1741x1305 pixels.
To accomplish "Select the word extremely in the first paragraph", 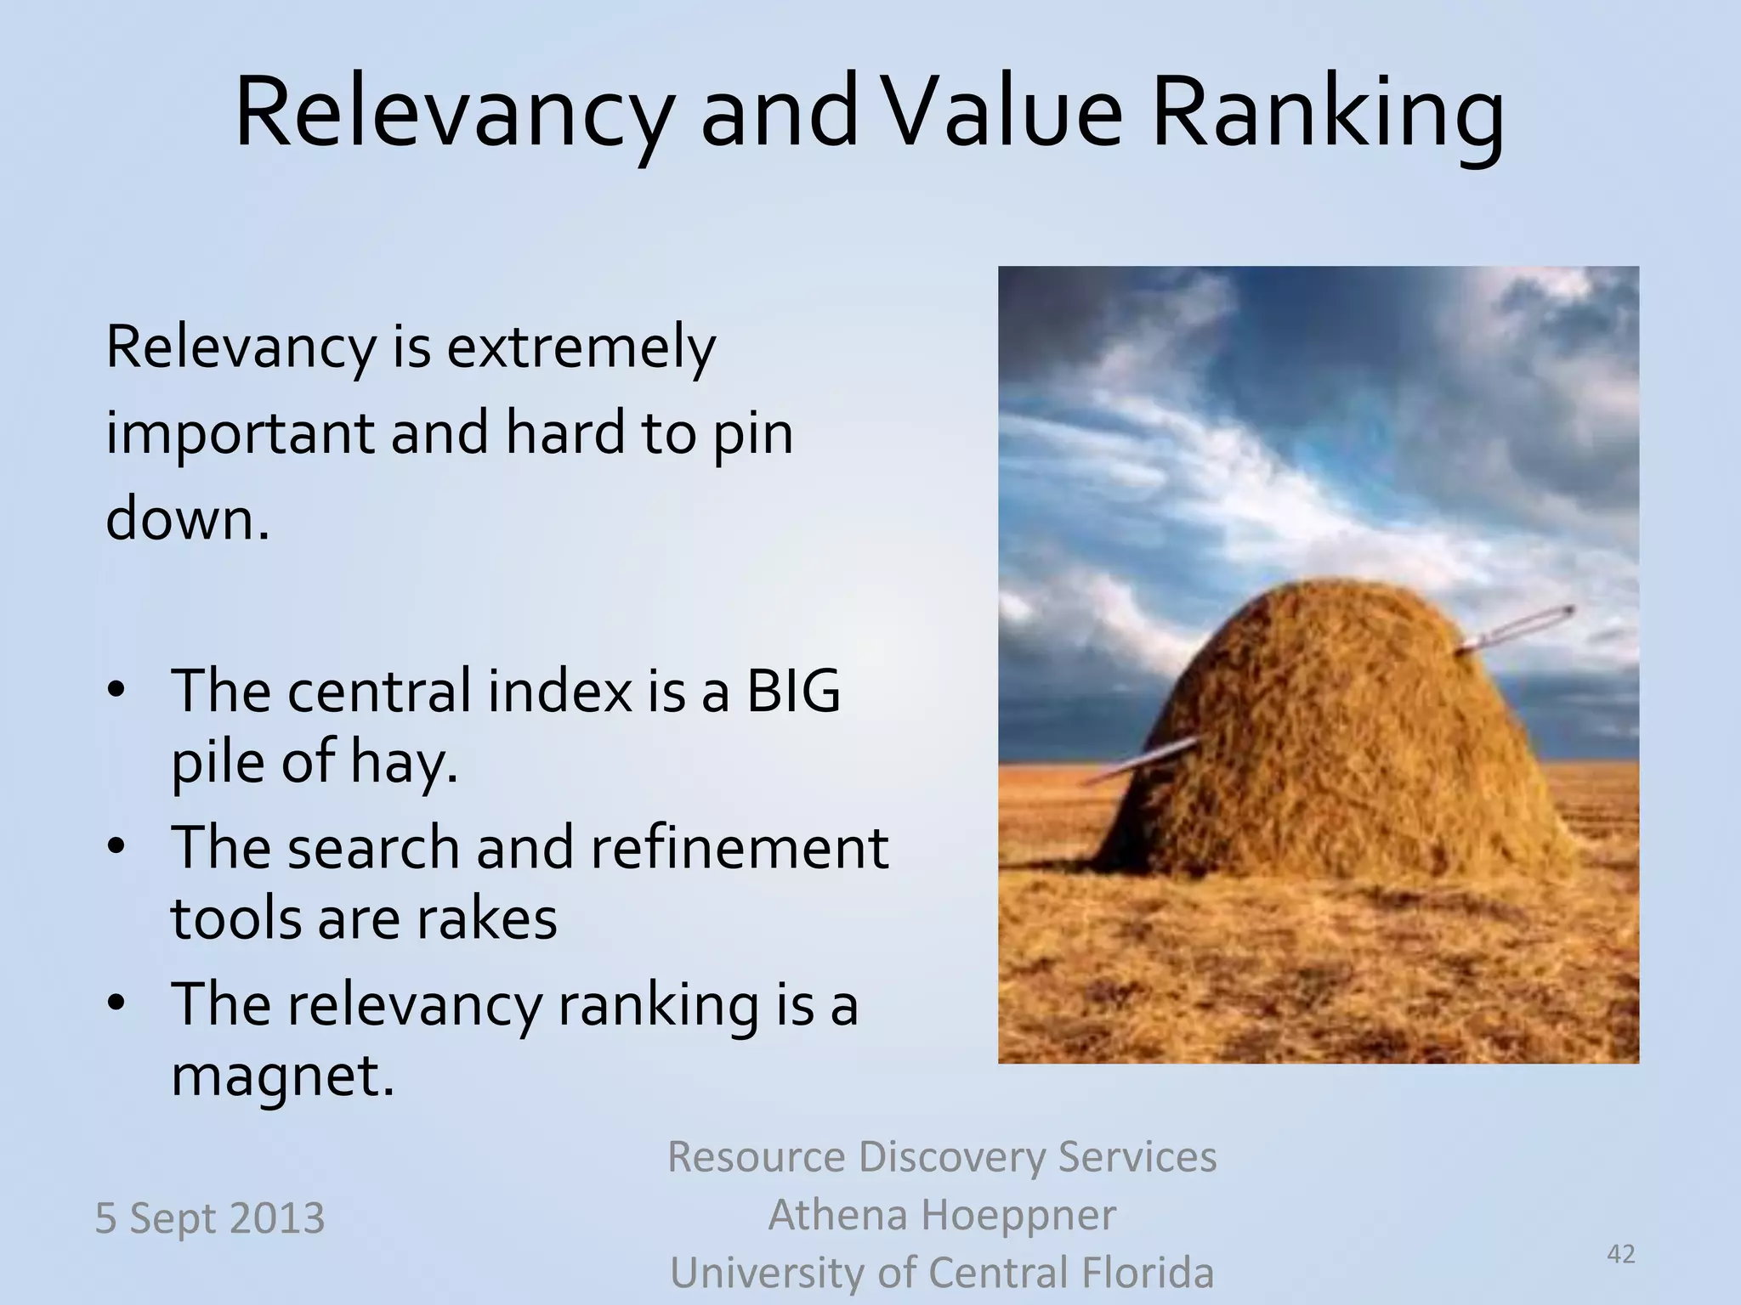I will coord(581,348).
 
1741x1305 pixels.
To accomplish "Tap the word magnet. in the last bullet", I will coord(283,1075).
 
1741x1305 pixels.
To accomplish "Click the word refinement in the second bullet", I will coord(738,847).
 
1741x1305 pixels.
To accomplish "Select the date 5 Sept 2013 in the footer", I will coord(209,1217).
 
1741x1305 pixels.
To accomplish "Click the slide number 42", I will coord(1621,1253).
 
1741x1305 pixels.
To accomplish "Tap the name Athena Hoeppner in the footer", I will coord(941,1215).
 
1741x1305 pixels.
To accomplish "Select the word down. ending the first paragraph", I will coord(187,519).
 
